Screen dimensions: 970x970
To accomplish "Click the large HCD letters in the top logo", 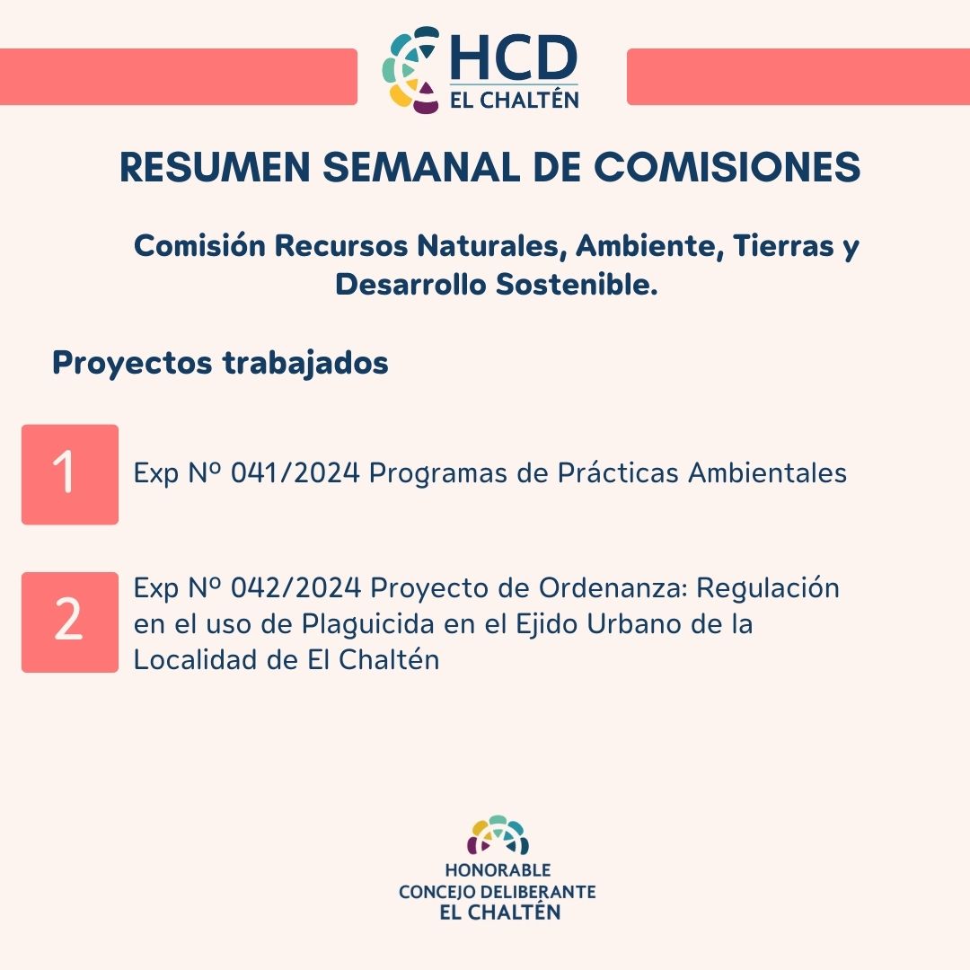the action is tap(514, 57).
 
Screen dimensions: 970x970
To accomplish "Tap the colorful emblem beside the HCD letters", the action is tap(411, 70).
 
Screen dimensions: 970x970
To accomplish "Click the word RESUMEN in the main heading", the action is tap(215, 167).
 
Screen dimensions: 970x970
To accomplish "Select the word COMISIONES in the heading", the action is tap(727, 167).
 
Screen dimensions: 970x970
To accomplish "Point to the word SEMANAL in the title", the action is tap(421, 167).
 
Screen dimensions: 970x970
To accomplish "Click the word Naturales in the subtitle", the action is tap(492, 245).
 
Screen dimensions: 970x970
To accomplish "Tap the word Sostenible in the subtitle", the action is tap(576, 285).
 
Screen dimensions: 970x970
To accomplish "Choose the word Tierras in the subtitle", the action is tap(783, 245).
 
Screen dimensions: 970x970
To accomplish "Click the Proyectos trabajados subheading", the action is tap(220, 363).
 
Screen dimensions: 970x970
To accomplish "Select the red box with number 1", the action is tap(70, 474).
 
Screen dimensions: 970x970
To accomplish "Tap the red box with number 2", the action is tap(70, 622).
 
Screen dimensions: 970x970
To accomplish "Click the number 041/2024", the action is tap(295, 473).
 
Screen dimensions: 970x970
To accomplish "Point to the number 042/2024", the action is tap(295, 587).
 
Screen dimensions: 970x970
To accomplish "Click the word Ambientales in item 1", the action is tap(768, 473).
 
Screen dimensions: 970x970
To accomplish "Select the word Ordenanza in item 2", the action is tap(613, 587).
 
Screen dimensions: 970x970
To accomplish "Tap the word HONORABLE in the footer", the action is tap(498, 870).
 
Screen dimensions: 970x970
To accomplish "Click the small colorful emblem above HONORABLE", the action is tap(498, 835).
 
